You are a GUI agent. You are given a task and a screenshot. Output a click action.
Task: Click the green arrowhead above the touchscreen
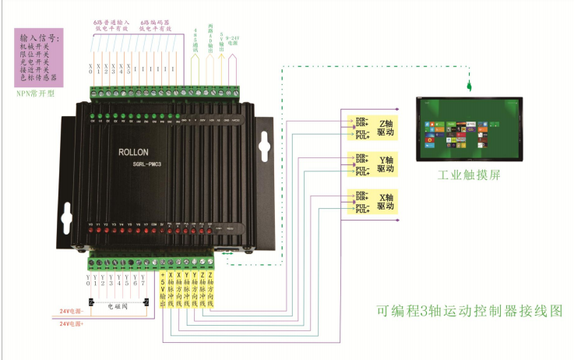469,83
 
